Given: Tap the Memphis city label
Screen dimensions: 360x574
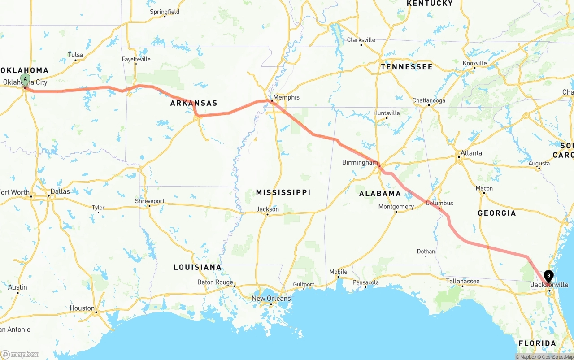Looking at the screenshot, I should (x=286, y=97).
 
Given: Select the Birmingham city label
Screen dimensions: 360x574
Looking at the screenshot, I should (x=360, y=162).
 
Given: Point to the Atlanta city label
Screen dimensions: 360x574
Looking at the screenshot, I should (x=471, y=153).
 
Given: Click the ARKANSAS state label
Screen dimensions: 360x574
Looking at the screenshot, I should (x=194, y=103).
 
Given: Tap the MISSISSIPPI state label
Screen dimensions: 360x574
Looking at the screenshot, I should (x=283, y=192).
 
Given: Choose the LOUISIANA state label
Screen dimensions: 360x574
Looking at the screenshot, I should (x=197, y=267).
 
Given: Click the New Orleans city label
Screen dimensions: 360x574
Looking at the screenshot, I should (x=271, y=299).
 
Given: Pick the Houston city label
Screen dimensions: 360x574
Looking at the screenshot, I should (x=82, y=308).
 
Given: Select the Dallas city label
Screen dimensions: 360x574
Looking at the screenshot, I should (x=60, y=191).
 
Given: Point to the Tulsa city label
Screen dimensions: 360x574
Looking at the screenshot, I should (x=75, y=55).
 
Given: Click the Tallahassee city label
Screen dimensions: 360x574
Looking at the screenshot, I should (x=463, y=281).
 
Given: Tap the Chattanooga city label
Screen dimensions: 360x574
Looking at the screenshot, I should (x=429, y=100).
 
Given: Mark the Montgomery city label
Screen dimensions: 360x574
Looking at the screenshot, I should (x=396, y=207).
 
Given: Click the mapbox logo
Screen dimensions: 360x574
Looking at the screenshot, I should (x=20, y=354).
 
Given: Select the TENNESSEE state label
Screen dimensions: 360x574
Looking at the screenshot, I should (x=407, y=67).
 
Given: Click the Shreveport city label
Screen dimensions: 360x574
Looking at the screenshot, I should (x=150, y=201).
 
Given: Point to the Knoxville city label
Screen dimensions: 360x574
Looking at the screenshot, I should (x=475, y=63).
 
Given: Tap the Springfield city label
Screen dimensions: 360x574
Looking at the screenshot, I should (x=165, y=12).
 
